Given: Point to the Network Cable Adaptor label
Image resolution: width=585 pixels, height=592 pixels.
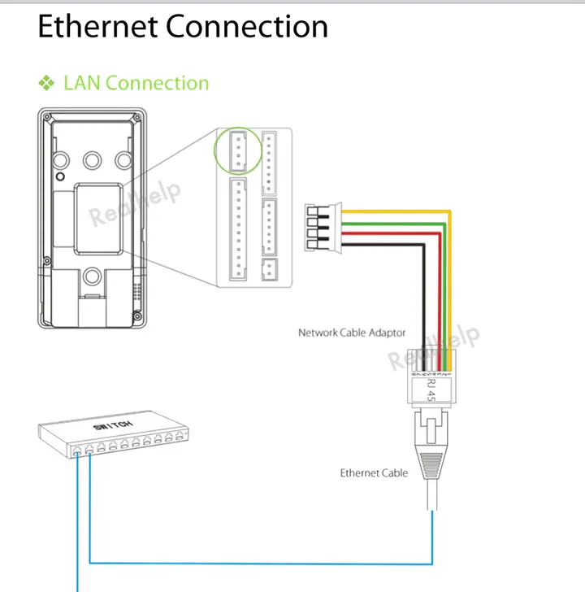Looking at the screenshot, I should (352, 333).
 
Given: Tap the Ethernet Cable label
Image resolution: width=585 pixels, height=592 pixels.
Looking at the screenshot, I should (374, 472).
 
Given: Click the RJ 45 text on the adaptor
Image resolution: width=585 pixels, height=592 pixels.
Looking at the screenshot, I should (431, 389).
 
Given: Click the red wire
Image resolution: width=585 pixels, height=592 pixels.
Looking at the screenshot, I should (390, 232).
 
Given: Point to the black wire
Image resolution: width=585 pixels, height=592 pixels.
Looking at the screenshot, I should (382, 242).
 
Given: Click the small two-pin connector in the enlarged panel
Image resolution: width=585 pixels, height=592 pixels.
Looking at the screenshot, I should (270, 271).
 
